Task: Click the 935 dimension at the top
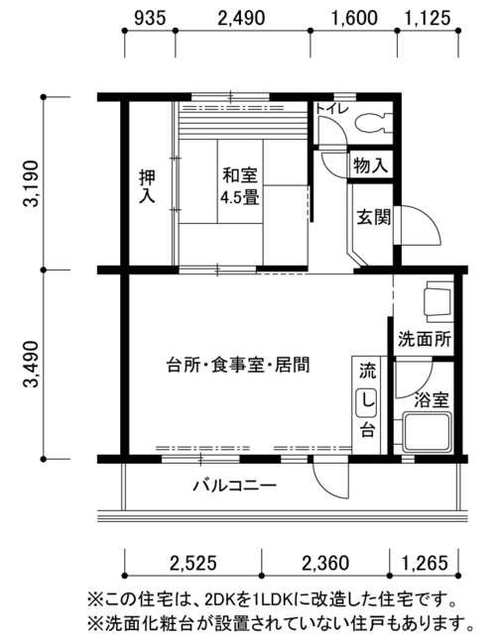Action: coord(150,18)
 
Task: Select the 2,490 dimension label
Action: coord(241,18)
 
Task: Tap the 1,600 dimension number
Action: coord(354,18)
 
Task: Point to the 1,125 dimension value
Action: coord(428,18)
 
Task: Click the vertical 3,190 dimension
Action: coord(31,183)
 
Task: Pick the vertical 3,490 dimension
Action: coord(31,364)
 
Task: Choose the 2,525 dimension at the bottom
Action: coord(192,563)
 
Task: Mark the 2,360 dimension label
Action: coord(325,563)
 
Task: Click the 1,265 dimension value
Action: coord(425,563)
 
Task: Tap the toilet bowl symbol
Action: coord(373,123)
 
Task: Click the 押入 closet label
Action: coord(147,186)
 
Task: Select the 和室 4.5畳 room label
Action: coord(240,186)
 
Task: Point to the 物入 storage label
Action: coord(370,165)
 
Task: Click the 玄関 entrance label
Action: coord(373,217)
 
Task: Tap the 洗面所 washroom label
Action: coord(425,339)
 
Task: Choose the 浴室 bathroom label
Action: coord(431,399)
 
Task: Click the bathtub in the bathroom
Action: coord(428,432)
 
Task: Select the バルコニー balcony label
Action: coord(235,485)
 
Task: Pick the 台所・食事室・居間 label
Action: coord(238,365)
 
